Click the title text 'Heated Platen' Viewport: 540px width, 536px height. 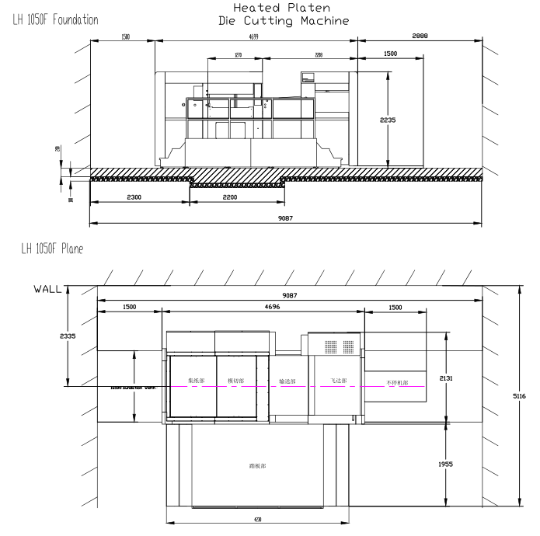[x=271, y=8]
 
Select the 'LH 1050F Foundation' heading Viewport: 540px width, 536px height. [x=51, y=19]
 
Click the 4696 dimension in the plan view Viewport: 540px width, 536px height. [x=263, y=307]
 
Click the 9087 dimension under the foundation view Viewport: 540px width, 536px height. [x=285, y=219]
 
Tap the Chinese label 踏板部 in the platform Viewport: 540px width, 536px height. [x=257, y=466]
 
